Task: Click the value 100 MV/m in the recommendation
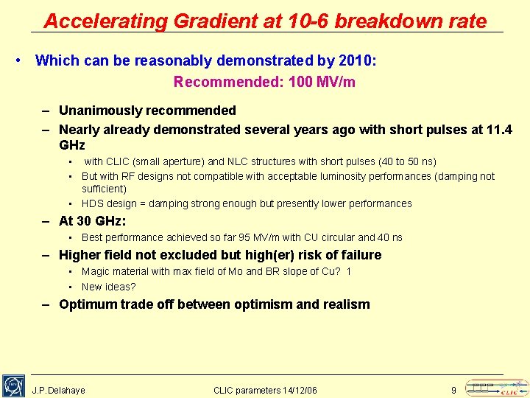tap(322, 82)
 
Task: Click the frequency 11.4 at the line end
tap(500, 130)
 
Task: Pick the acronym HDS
tap(93, 203)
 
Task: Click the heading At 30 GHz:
tap(93, 220)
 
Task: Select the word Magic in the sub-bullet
tap(95, 272)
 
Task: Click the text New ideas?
tap(109, 287)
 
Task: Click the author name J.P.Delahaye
tap(59, 390)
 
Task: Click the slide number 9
tap(453, 390)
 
